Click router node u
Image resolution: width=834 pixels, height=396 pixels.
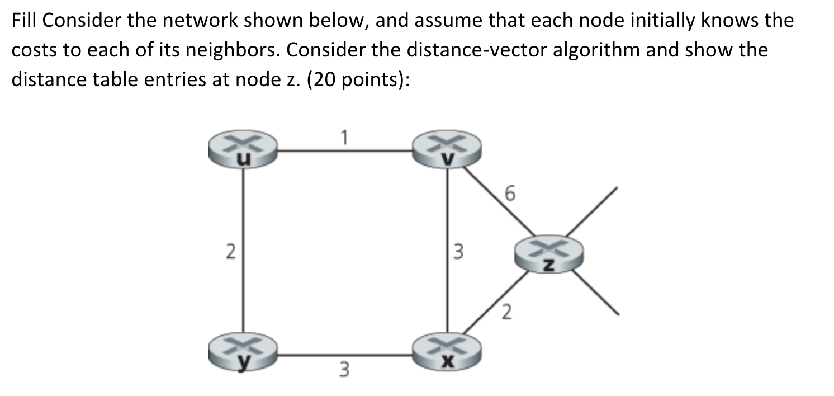click(x=243, y=149)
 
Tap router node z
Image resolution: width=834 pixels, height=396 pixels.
click(x=548, y=256)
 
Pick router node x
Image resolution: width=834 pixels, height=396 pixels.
click(x=446, y=351)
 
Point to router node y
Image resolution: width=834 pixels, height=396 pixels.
click(x=243, y=351)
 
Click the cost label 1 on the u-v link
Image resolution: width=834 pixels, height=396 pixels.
click(x=345, y=135)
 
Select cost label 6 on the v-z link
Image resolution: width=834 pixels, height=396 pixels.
click(x=508, y=194)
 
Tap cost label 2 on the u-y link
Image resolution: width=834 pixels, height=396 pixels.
click(x=229, y=252)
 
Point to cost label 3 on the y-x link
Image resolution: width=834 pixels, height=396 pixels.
click(x=345, y=369)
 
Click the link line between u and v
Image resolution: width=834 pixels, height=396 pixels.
click(x=345, y=150)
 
